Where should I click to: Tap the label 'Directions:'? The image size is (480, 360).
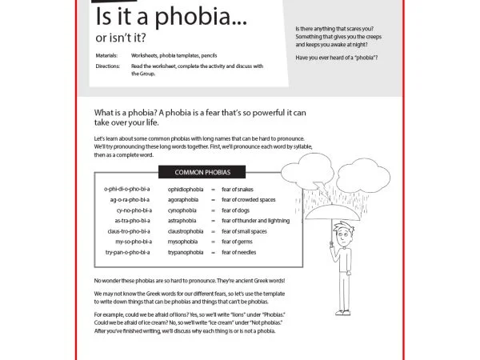coord(107,66)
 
